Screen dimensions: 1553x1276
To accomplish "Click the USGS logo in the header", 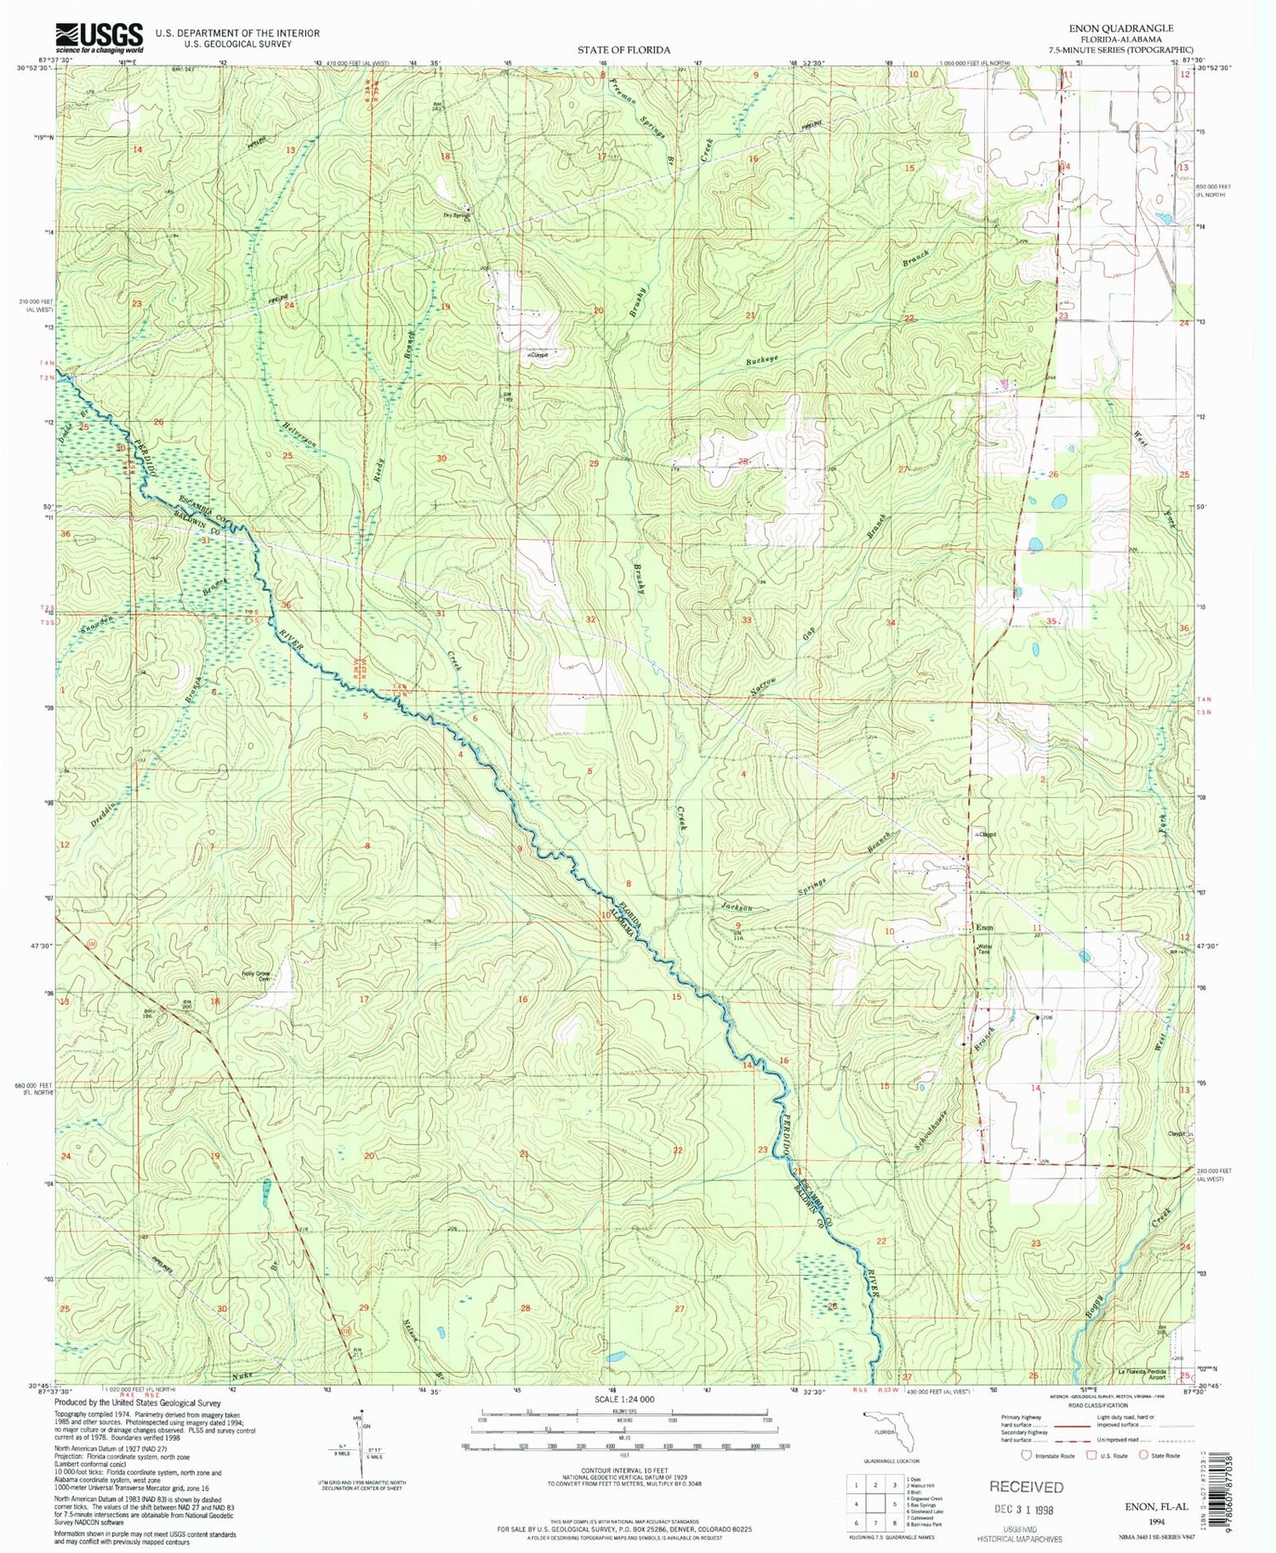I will pyautogui.click(x=99, y=38).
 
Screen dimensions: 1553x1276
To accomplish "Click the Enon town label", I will pyautogui.click(x=984, y=927).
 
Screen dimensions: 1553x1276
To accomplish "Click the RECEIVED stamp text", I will pyautogui.click(x=1026, y=1487).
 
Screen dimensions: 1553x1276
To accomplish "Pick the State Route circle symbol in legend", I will pyautogui.click(x=1142, y=1455).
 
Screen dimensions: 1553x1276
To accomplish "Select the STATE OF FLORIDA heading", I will pyautogui.click(x=624, y=50).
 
